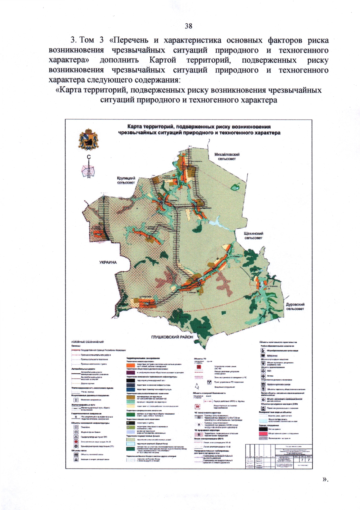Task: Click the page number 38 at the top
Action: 188,26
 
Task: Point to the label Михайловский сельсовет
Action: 227,157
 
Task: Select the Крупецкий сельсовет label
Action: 126,180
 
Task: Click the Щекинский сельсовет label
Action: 253,236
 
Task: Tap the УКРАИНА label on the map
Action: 108,262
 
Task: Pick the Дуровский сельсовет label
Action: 295,306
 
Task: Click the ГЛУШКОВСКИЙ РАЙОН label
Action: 172,337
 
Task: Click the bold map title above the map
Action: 199,130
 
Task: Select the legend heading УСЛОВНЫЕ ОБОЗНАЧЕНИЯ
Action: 87,342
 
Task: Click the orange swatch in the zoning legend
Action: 130,365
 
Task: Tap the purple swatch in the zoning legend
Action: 130,372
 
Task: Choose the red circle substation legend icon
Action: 76,442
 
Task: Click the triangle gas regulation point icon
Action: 76,437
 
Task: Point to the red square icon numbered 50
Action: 197,407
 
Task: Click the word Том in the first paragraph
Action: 87,40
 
